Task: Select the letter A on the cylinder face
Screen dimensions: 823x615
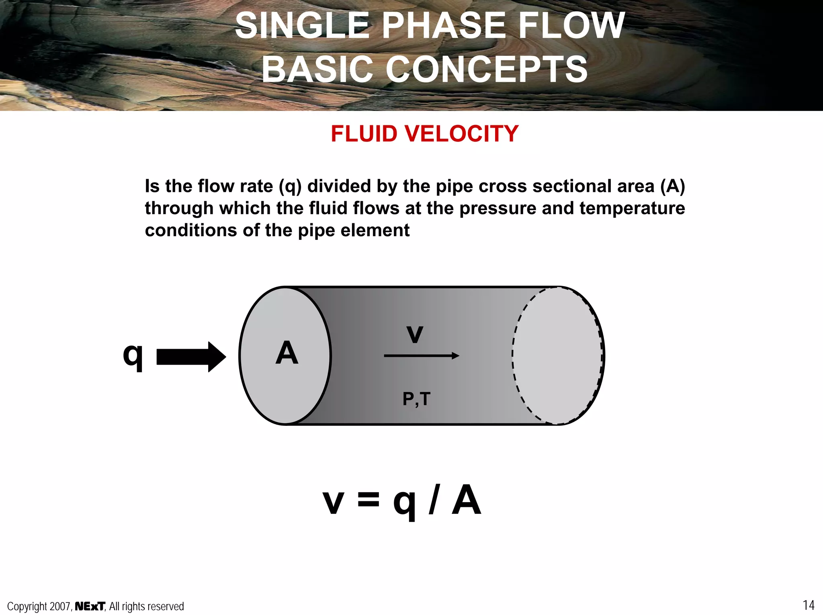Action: pyautogui.click(x=287, y=353)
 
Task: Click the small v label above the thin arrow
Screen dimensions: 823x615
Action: pyautogui.click(x=415, y=334)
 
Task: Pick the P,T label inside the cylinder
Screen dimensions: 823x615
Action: pyautogui.click(x=416, y=399)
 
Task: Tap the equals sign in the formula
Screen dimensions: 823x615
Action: pyautogui.click(x=368, y=501)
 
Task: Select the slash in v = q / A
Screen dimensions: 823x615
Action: pyautogui.click(x=433, y=501)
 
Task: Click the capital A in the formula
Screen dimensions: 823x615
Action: pyautogui.click(x=466, y=500)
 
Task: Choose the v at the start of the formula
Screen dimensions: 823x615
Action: pyautogui.click(x=333, y=502)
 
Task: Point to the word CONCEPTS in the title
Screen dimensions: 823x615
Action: pyautogui.click(x=487, y=69)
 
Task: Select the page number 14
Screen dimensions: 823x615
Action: pyautogui.click(x=809, y=605)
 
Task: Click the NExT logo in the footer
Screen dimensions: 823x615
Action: pyautogui.click(x=90, y=606)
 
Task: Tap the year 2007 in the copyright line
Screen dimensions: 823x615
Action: pyautogui.click(x=60, y=606)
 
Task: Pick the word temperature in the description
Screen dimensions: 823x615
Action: pyautogui.click(x=632, y=208)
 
